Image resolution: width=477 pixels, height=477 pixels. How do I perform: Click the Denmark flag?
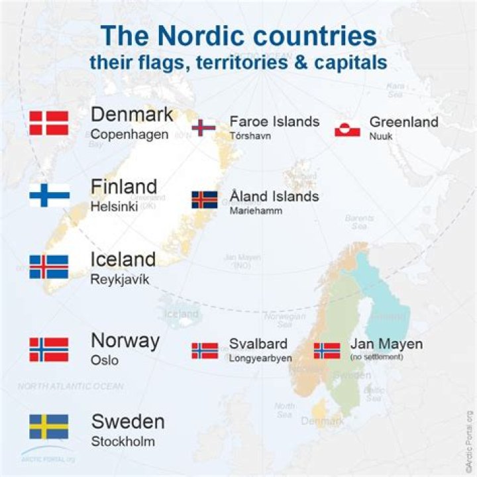click(x=49, y=123)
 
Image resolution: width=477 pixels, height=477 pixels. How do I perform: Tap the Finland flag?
click(x=49, y=195)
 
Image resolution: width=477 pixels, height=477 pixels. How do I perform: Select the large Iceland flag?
click(x=49, y=267)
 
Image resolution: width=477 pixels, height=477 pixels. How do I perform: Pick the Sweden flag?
click(x=49, y=427)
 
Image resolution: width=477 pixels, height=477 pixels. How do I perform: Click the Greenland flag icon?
click(x=347, y=129)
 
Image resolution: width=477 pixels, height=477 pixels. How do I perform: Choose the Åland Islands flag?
click(x=204, y=200)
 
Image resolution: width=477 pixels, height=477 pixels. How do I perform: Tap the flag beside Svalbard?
click(x=204, y=350)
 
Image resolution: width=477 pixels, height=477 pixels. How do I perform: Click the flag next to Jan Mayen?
click(x=327, y=350)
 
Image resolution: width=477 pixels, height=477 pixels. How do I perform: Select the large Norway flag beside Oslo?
click(x=49, y=349)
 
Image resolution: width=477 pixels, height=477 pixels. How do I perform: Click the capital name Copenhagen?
click(x=129, y=134)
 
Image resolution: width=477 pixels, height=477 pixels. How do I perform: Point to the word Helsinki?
click(x=114, y=207)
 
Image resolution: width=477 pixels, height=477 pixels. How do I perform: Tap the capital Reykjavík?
click(x=120, y=279)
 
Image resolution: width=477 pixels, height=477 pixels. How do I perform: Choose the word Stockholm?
click(x=123, y=441)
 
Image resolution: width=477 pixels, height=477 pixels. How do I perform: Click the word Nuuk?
click(x=379, y=136)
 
